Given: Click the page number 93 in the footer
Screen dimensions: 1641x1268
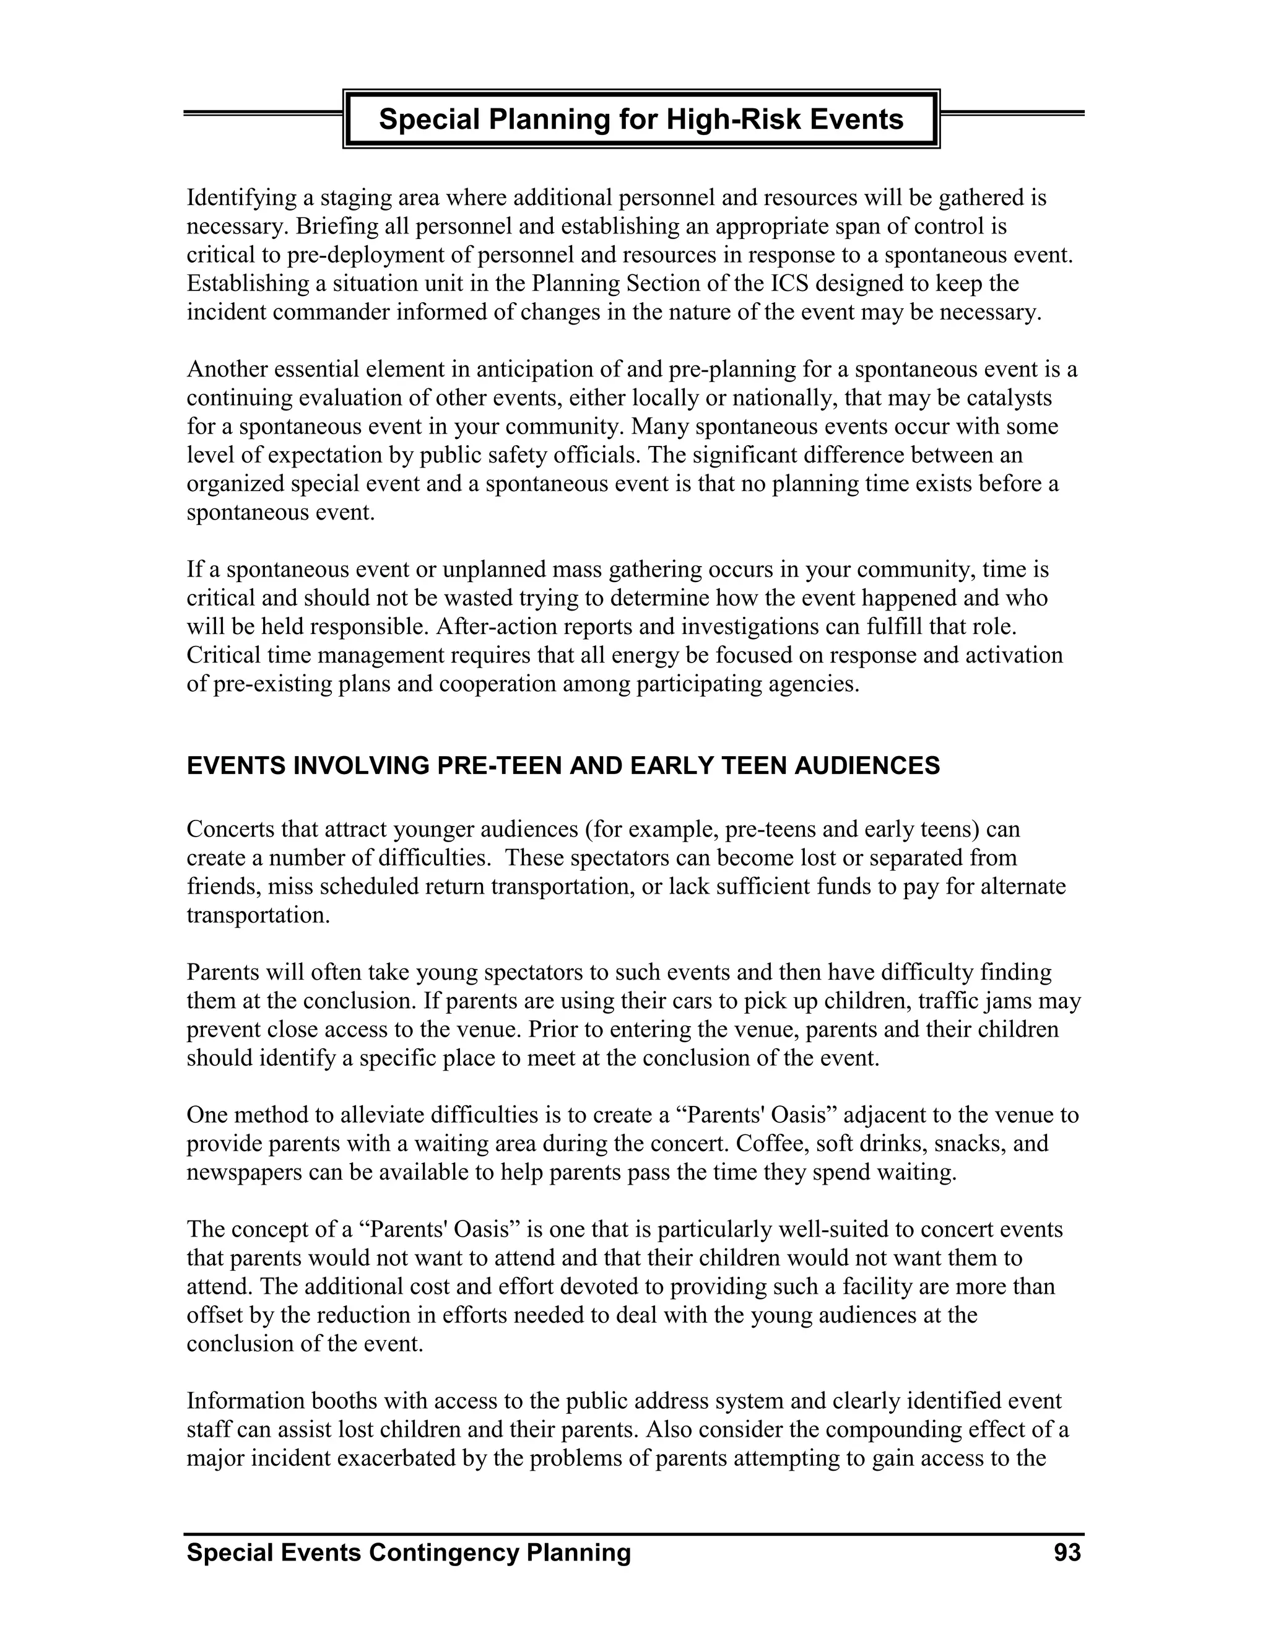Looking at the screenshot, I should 1067,1553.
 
